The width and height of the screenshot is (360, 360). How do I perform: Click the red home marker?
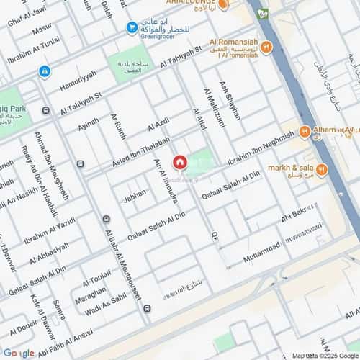coord(179,163)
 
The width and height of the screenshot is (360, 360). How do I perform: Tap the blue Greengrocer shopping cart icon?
coord(132,27)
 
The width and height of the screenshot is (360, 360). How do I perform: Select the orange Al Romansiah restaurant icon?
coord(267,48)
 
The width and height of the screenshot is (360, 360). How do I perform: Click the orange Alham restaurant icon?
coord(305,132)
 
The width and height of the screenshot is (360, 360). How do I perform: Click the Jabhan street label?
coord(134,194)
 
